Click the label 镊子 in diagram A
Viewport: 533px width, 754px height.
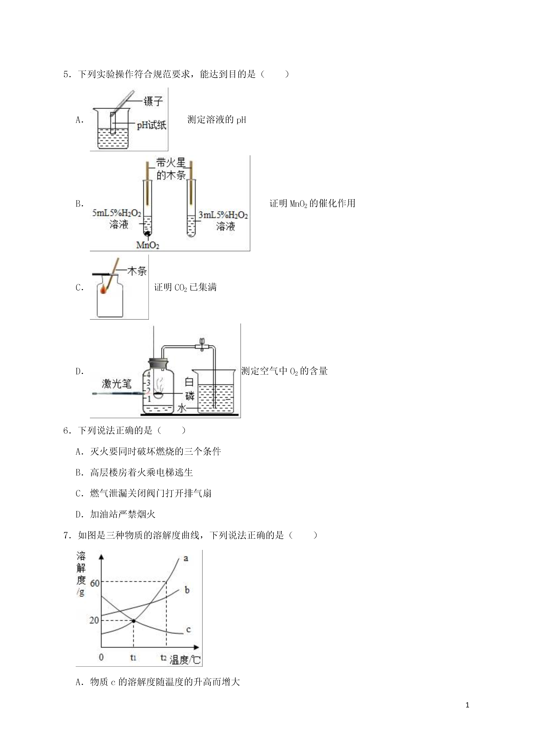point(153,101)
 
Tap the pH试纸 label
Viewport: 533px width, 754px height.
point(151,125)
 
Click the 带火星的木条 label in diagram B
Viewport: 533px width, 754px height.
point(171,169)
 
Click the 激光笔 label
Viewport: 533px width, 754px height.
point(116,383)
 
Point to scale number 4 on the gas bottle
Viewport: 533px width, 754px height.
point(148,374)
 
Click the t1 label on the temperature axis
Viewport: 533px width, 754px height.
point(133,657)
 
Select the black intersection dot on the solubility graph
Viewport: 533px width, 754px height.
point(134,620)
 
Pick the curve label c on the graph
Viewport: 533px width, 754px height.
point(188,629)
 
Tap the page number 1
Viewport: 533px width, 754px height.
point(467,705)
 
